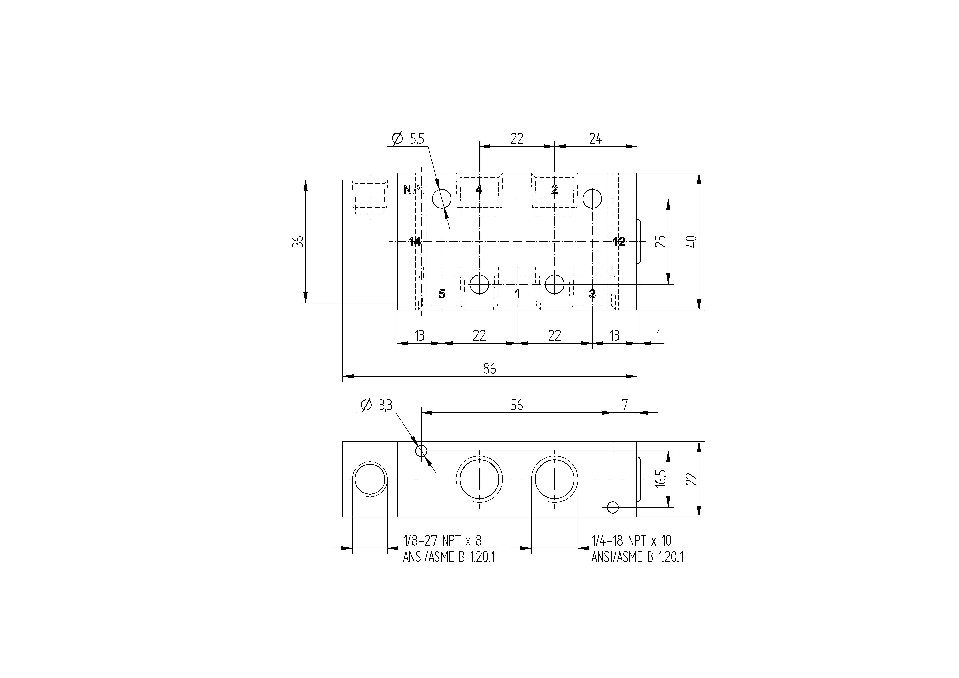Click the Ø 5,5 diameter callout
[x=408, y=138]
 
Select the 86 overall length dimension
[x=489, y=369]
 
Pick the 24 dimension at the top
[x=595, y=138]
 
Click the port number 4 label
[x=479, y=189]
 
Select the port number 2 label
[x=554, y=189]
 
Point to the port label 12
[x=619, y=242]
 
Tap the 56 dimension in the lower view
[x=517, y=405]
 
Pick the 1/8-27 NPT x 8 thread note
[x=442, y=540]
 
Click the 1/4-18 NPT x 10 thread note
[x=631, y=540]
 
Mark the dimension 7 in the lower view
[x=624, y=405]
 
